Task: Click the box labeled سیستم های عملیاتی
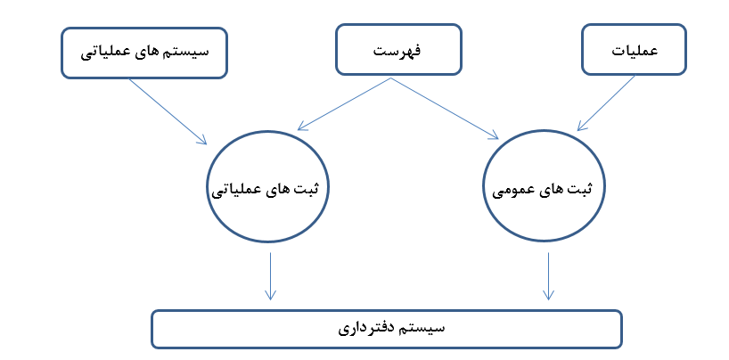(x=144, y=53)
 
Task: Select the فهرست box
(x=398, y=49)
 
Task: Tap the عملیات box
(x=634, y=49)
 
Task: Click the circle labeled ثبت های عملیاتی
(x=267, y=186)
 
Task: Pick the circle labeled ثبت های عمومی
(x=544, y=185)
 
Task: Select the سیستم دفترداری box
(x=387, y=329)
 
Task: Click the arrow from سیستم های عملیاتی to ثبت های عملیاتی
(x=168, y=111)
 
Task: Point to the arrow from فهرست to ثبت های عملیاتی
(x=344, y=103)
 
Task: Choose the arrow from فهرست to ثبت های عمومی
(x=445, y=109)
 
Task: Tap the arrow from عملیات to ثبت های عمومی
(x=606, y=103)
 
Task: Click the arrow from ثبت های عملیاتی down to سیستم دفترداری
(x=270, y=276)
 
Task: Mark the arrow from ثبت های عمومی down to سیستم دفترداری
(x=549, y=276)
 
